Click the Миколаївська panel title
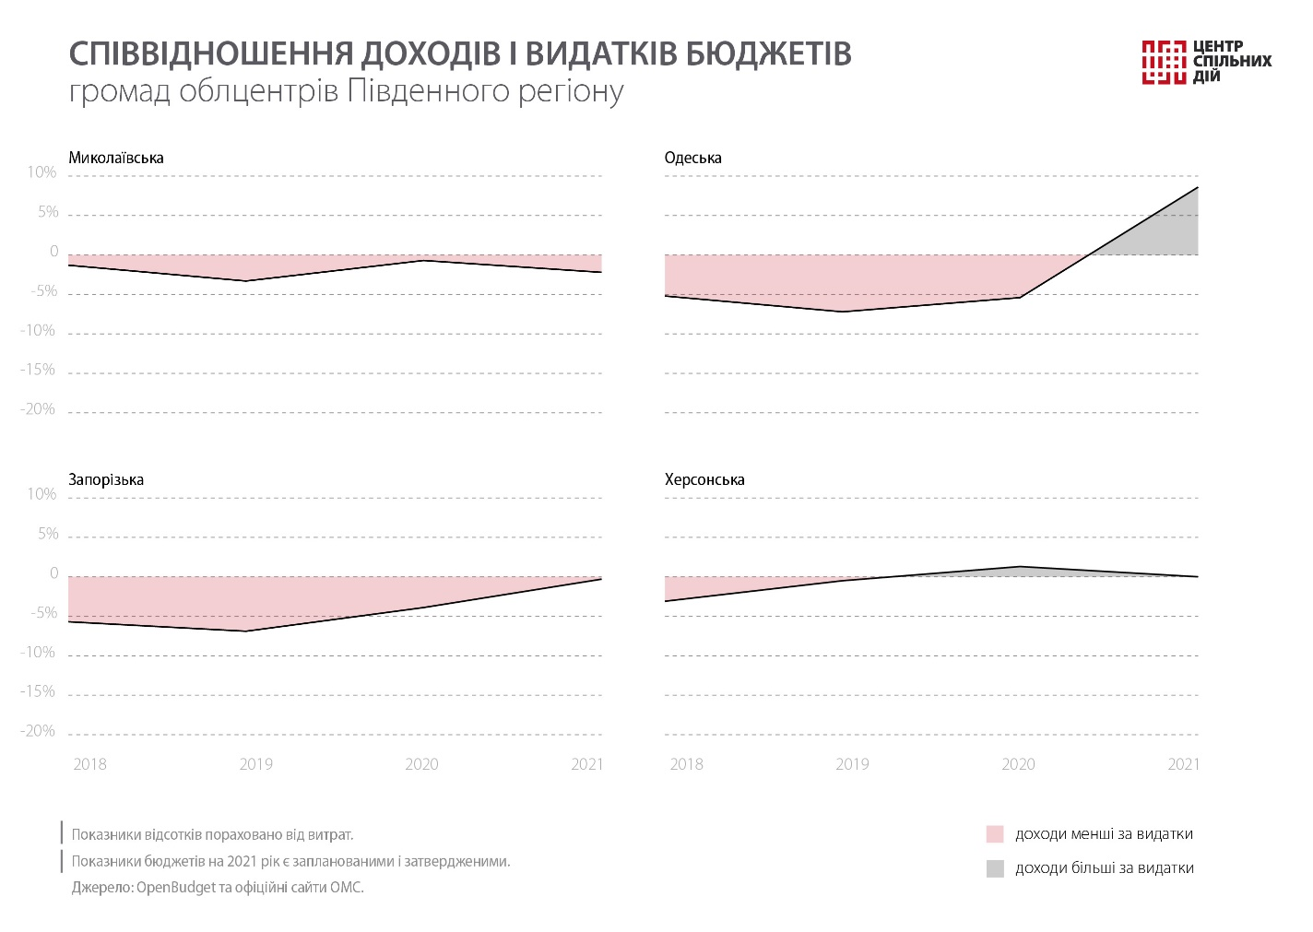116,158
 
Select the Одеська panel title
692,158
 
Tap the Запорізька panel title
106,479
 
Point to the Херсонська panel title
704,479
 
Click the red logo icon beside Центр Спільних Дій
1163,62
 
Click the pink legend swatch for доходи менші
995,834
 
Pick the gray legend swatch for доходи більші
995,868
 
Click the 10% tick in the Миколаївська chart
41,172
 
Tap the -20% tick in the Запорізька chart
39,731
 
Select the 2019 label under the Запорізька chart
255,764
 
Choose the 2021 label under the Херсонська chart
1184,764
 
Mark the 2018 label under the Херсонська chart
686,764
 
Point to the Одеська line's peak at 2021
1198,187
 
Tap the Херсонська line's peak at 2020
1020,566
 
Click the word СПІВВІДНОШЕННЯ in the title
209,54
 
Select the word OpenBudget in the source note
175,888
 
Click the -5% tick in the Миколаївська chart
43,291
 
